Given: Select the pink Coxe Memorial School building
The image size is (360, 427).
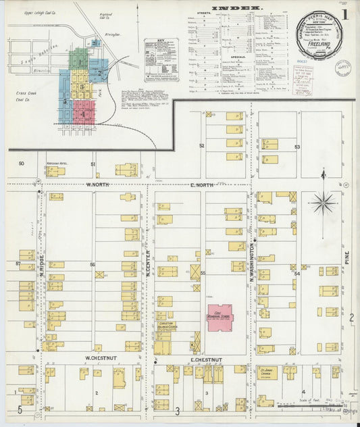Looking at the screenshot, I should point(219,318).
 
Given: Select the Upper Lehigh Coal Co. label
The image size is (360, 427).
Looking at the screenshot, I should point(36,13).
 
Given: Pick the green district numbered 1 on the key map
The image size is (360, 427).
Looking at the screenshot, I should point(80,57).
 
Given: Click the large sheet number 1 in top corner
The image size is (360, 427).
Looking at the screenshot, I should point(344,14).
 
